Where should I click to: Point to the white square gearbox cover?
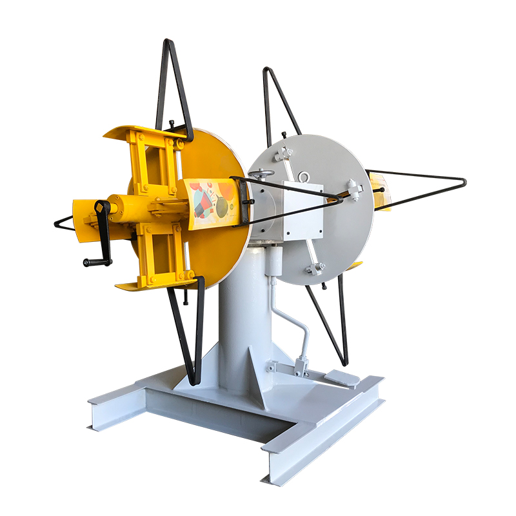(x=302, y=211)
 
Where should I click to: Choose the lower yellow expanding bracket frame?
(x=158, y=255)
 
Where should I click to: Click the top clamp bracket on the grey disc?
(x=282, y=154)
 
